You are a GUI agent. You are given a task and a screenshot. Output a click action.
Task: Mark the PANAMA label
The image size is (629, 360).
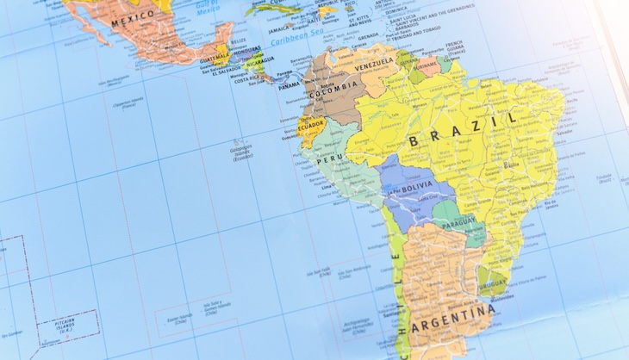[290, 85]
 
